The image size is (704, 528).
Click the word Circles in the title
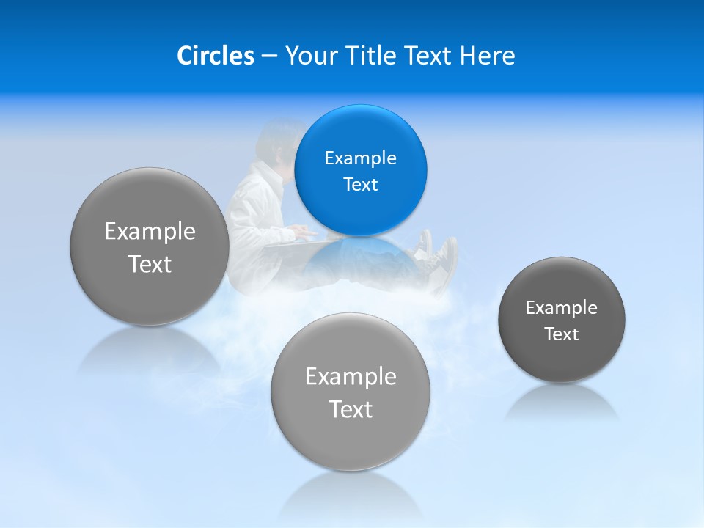215,56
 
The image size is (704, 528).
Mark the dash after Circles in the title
268,56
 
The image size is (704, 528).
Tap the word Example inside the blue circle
360,158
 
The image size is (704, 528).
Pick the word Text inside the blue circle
360,184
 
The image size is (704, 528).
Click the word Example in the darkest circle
562,307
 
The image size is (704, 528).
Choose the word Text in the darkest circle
562,334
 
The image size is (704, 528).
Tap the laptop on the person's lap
293,241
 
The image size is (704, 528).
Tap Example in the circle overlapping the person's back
150,231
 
